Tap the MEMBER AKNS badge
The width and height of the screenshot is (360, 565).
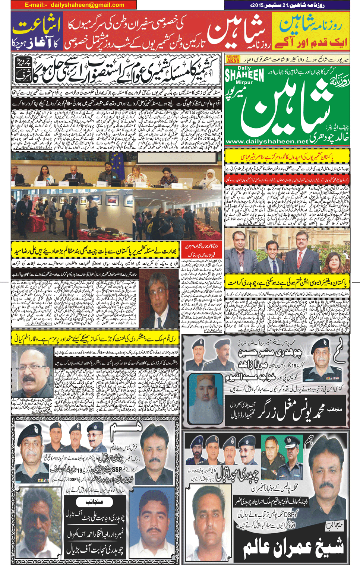tap(233, 59)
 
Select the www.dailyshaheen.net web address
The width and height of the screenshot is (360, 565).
tap(267, 142)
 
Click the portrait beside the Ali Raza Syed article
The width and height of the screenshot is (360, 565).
tap(160, 298)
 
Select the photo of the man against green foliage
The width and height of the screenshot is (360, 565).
tap(37, 521)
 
